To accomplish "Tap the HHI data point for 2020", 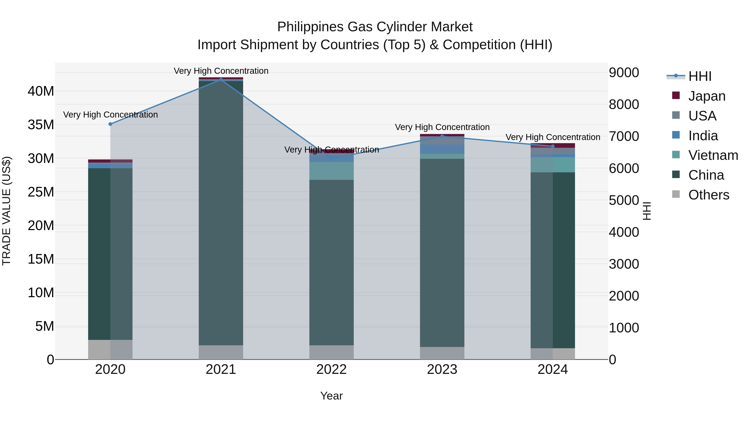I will [110, 124].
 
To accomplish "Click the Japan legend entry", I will [707, 96].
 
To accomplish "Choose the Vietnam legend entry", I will [713, 155].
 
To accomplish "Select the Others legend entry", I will [709, 195].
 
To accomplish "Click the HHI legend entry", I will [700, 76].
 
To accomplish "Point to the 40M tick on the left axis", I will [41, 91].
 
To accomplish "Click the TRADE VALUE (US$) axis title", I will [7, 211].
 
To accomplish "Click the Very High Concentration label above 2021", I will [221, 71].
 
